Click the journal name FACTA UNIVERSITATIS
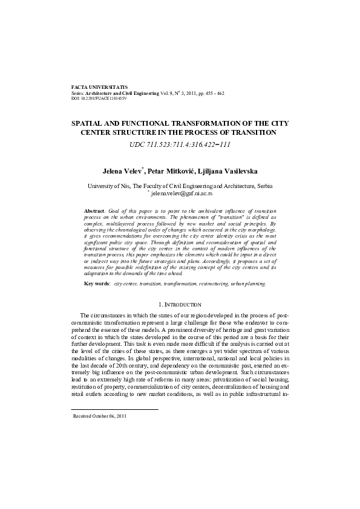pyautogui.click(x=99, y=87)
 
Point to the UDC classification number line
pyautogui.click(x=180, y=145)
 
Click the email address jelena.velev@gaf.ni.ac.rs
pyautogui.click(x=182, y=194)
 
